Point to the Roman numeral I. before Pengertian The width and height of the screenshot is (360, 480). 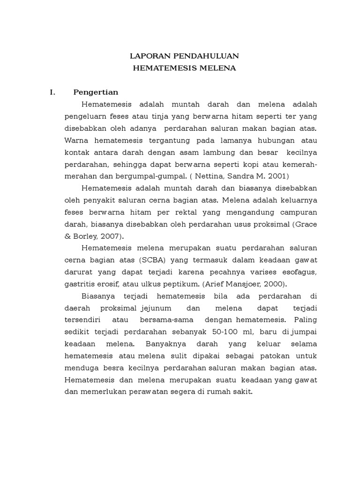[x=52, y=92]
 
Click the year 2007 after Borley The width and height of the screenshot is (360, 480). [x=113, y=236]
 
